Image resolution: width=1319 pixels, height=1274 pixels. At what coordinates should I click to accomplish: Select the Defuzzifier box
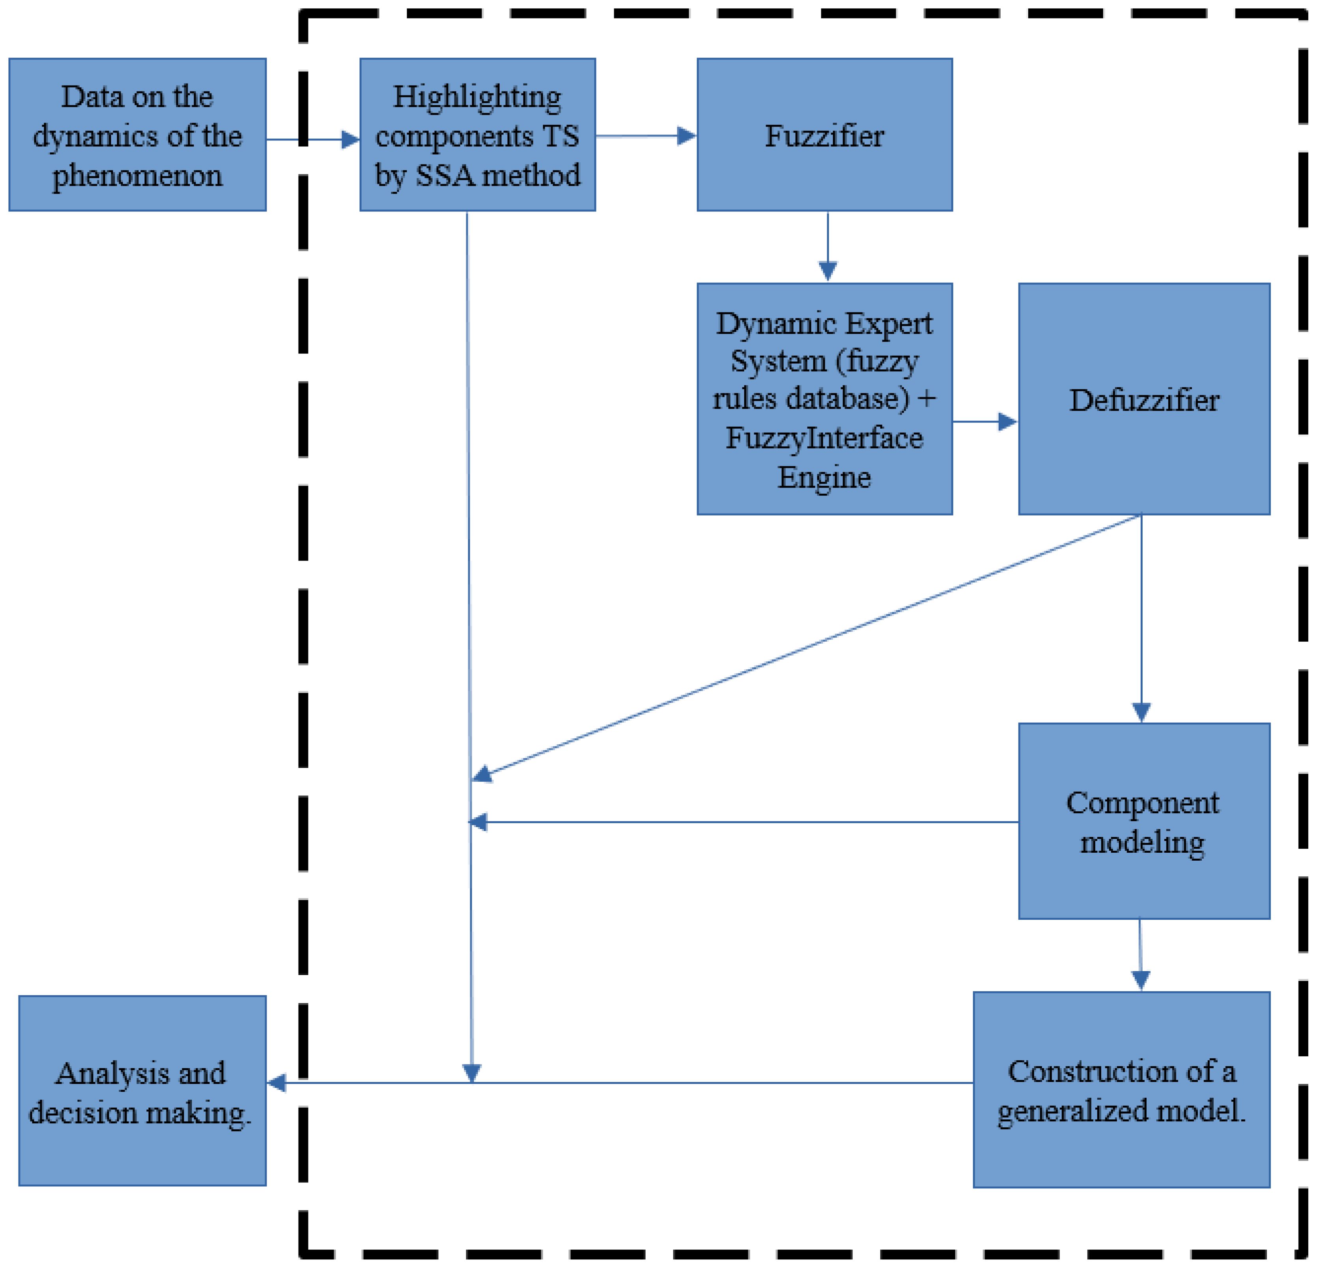tap(1143, 400)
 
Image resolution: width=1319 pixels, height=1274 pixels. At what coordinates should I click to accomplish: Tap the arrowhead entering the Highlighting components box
tap(350, 140)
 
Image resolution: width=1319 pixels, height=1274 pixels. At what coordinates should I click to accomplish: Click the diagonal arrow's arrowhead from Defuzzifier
tap(482, 775)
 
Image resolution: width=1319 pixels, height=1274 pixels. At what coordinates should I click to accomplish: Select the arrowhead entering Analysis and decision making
tap(276, 1083)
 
